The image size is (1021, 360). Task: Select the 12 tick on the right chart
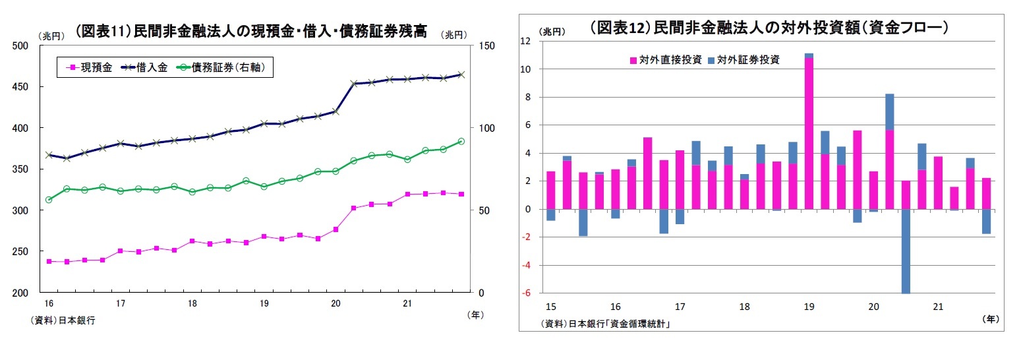pos(525,42)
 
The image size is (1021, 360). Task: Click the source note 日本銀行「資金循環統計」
pos(610,323)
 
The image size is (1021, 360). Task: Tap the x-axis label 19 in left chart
pos(264,303)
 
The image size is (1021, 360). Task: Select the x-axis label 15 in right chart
pos(551,307)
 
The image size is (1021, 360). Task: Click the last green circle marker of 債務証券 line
pos(461,141)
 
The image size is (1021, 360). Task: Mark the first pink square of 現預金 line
pos(48,261)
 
